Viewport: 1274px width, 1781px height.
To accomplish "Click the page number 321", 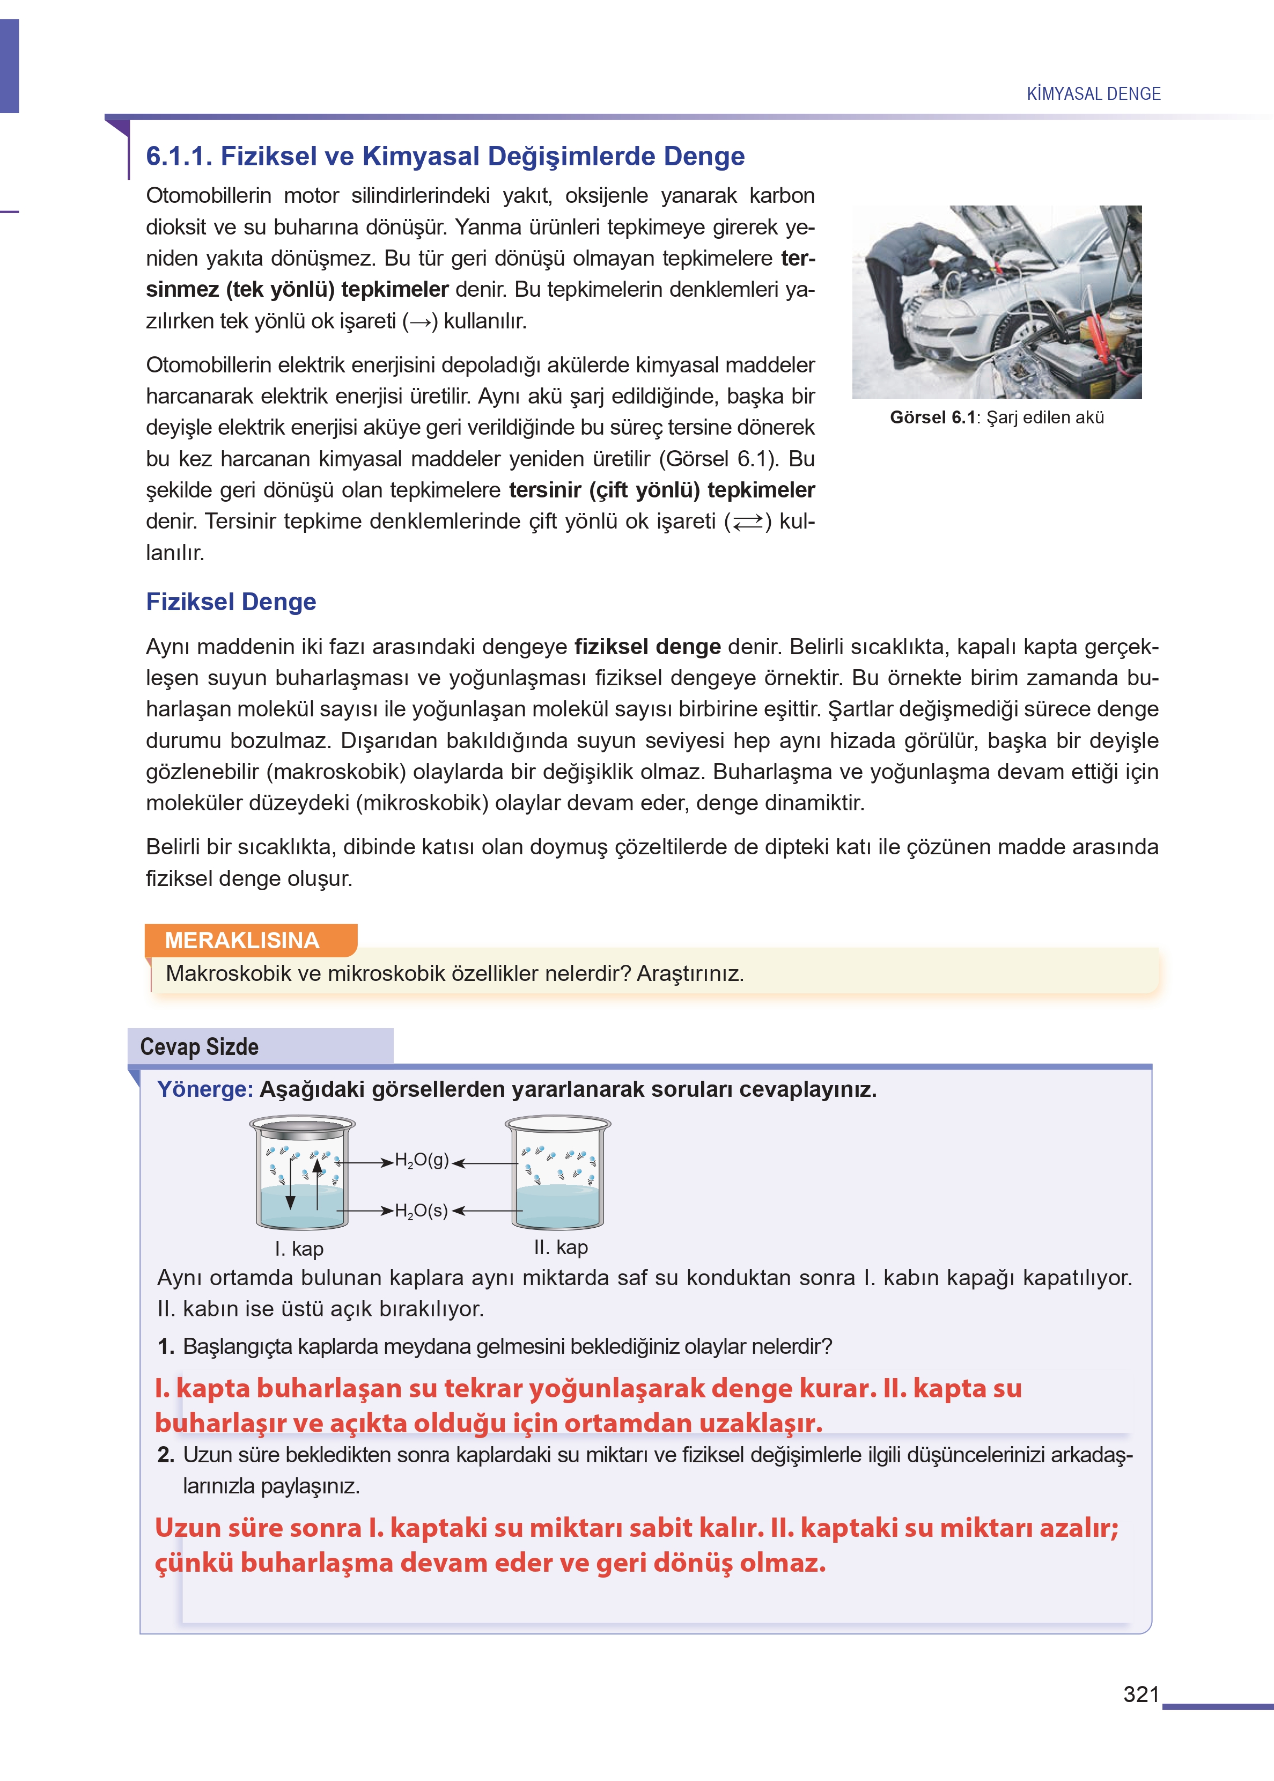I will point(1140,1694).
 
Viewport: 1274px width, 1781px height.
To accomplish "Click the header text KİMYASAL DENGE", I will point(1094,93).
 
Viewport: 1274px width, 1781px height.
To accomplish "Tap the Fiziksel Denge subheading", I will point(231,601).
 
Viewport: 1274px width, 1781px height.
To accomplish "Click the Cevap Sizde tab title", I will point(199,1046).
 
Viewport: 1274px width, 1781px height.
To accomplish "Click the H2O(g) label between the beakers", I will point(421,1160).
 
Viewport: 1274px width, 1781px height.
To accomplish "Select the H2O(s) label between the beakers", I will point(421,1211).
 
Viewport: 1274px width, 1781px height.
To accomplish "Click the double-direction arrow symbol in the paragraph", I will point(748,522).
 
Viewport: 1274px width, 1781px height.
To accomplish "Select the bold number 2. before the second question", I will point(166,1455).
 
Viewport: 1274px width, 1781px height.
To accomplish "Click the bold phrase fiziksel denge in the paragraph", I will point(647,647).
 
